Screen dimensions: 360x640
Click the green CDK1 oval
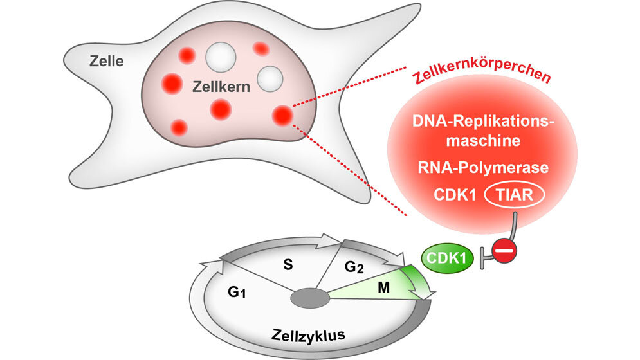click(x=448, y=259)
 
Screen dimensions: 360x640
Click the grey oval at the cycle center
click(x=311, y=298)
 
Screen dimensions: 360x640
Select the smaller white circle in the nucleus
click(x=270, y=78)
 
